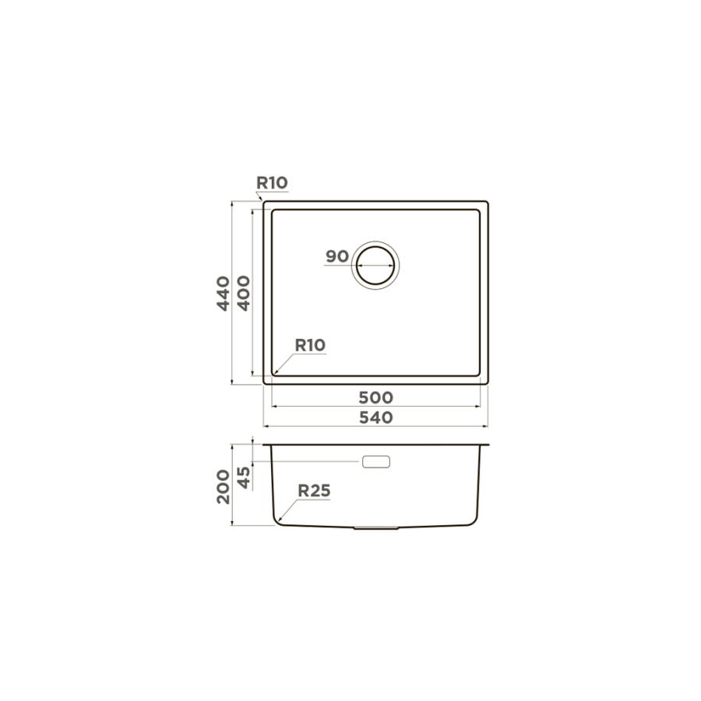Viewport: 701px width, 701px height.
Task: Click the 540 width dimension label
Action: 376,417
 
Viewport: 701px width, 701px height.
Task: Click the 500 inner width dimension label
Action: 376,397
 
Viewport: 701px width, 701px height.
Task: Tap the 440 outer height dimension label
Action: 223,294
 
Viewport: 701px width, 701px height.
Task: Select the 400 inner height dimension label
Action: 244,294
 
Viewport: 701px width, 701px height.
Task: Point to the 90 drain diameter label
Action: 337,256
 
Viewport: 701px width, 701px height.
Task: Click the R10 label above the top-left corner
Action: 272,183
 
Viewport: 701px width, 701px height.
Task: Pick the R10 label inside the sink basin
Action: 310,345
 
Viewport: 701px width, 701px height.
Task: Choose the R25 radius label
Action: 315,491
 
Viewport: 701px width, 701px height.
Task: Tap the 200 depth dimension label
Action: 223,487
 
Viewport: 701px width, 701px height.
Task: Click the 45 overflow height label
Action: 244,477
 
